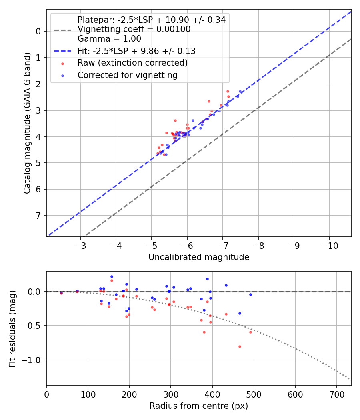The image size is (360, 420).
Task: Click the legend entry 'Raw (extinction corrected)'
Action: click(132, 63)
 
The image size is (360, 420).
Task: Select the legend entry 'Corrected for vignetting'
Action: click(128, 75)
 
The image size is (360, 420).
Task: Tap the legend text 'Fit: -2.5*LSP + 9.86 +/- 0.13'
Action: click(136, 51)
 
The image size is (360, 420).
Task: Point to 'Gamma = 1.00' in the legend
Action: click(109, 39)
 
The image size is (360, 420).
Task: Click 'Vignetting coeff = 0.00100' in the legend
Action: click(134, 29)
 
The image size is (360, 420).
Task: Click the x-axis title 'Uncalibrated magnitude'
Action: click(199, 257)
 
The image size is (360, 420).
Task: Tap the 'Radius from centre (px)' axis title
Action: click(199, 406)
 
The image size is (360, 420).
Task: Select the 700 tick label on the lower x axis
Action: click(336, 394)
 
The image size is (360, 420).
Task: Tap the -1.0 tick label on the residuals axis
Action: click(34, 360)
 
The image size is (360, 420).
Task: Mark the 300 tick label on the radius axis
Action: click(171, 394)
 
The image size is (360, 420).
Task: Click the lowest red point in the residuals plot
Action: click(240, 346)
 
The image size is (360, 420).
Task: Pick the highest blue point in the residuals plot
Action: click(112, 276)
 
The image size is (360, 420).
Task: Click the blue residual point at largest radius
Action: click(250, 294)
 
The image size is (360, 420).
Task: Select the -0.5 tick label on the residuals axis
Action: click(34, 326)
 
